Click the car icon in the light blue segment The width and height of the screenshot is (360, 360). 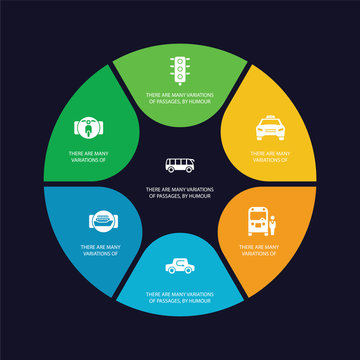click(180, 266)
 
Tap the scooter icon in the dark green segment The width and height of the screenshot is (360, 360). click(88, 128)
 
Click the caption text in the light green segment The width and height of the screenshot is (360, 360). click(180, 99)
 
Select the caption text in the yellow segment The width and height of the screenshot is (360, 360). click(272, 156)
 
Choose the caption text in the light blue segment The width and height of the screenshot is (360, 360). click(180, 296)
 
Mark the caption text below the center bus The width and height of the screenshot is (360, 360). click(180, 191)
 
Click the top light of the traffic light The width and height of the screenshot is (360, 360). click(179, 59)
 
